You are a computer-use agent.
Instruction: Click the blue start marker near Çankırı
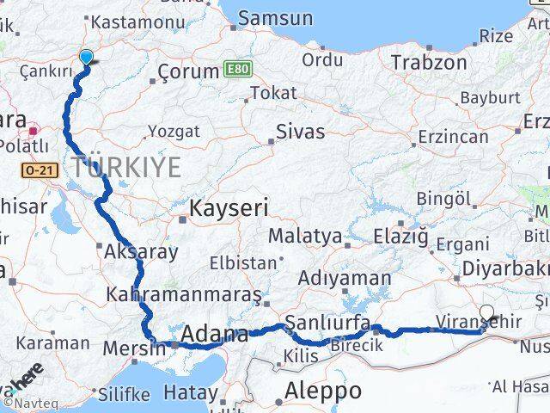pos(86,58)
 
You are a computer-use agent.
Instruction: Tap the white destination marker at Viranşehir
pos(487,313)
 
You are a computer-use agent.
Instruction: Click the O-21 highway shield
pos(39,170)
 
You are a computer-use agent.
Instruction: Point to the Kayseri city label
pos(229,207)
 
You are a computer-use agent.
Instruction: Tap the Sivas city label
pos(300,132)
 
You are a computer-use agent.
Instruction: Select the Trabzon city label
pos(429,62)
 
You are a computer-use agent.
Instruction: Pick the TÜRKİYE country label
pos(126,167)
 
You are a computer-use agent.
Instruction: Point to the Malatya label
pos(304,236)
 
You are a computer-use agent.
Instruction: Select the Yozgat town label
pos(174,132)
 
